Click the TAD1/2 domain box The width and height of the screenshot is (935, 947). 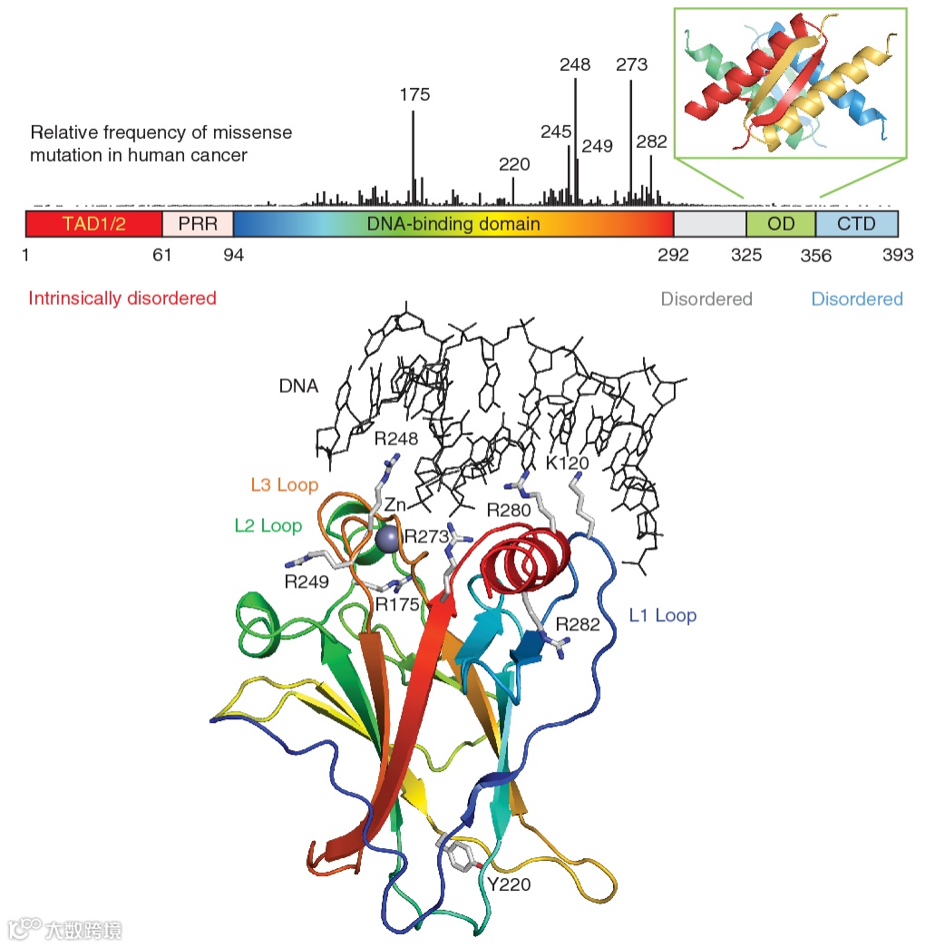point(93,223)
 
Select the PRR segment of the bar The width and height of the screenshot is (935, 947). point(198,223)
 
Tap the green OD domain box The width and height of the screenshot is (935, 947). point(781,223)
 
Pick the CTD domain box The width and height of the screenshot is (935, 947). point(857,223)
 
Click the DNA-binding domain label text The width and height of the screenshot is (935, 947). point(453,223)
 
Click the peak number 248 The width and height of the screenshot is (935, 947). point(575,64)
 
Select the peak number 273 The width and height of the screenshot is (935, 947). point(631,64)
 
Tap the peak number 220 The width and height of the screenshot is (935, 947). point(514,164)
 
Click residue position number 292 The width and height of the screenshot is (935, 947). point(673,255)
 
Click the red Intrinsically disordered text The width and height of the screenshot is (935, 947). point(122,298)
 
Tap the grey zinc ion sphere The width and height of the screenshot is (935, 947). point(387,540)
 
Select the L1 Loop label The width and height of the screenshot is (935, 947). point(662,616)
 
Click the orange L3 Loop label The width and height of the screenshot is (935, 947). point(284,484)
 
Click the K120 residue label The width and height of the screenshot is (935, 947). point(568,464)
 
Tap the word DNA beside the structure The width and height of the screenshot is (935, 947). point(298,386)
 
